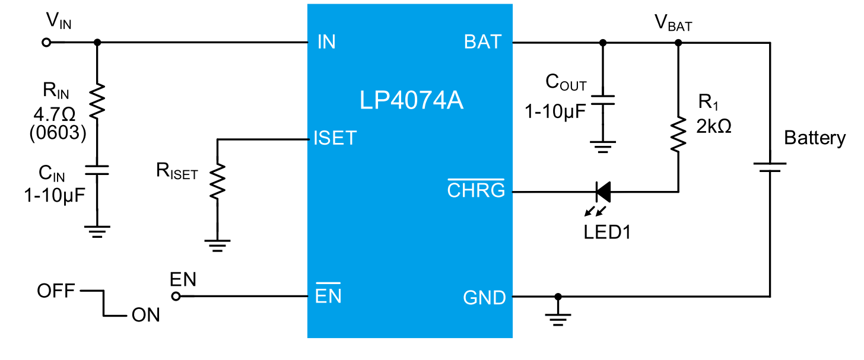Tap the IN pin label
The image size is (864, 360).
326,42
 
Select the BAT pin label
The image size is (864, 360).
483,42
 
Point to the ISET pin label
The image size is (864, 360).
335,138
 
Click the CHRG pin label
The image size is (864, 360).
476,190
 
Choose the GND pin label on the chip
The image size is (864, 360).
484,297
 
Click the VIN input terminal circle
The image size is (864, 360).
47,42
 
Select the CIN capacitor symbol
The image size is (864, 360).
97,171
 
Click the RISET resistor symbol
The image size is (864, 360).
218,181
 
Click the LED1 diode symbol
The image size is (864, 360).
603,192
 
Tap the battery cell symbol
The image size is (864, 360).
770,167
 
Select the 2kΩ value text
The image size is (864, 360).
714,126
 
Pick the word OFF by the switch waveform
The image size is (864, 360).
56,291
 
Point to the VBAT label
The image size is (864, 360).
673,24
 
